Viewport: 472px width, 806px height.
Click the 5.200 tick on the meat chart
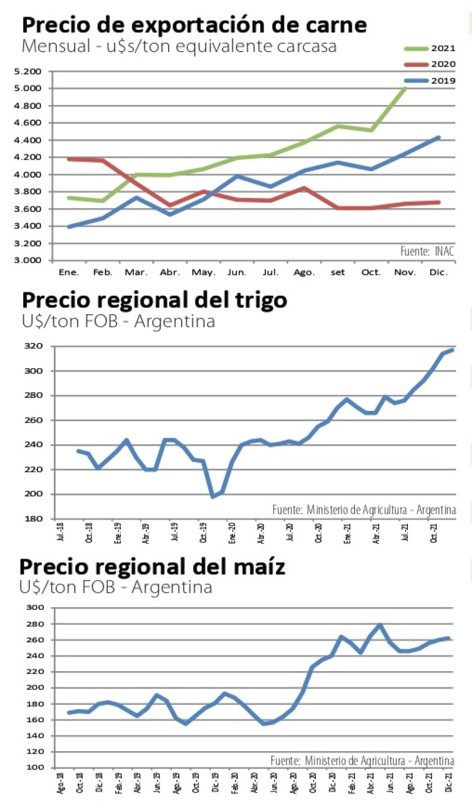[30, 71]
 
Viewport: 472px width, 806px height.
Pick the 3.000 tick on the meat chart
[30, 261]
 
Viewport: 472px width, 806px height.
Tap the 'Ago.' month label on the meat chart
[303, 273]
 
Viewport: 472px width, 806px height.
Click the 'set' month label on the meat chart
[337, 273]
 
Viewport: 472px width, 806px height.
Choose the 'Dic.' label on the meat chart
[438, 273]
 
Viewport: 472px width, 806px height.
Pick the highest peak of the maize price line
[380, 624]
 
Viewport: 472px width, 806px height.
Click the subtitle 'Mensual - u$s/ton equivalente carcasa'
[179, 46]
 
